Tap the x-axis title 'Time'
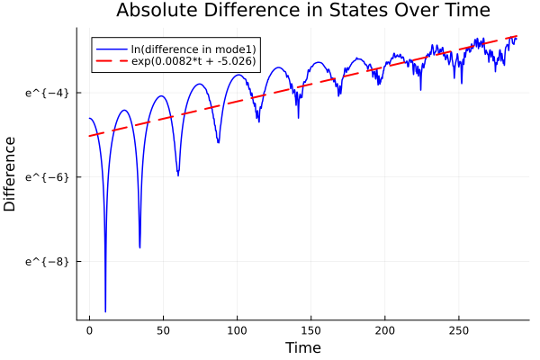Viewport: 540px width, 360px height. pos(302,347)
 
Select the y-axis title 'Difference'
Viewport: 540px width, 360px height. pos(11,174)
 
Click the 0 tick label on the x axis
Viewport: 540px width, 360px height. pos(89,330)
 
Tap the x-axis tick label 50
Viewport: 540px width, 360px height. pos(163,330)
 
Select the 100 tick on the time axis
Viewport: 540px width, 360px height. pos(237,330)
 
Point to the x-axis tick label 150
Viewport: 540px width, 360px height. pos(310,330)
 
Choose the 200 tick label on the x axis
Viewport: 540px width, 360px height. pos(384,330)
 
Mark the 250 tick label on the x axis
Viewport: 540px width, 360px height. pos(458,330)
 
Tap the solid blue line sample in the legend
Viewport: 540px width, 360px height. pos(112,48)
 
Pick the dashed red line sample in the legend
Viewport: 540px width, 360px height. pos(112,61)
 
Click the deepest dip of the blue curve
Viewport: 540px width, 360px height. pos(105,310)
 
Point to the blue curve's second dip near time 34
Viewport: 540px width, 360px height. pos(139,247)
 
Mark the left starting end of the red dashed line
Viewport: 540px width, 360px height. pos(90,136)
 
